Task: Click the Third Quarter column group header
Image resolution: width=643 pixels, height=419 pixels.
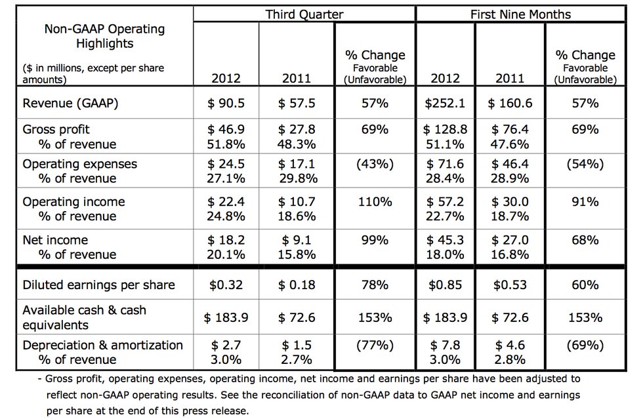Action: (x=304, y=14)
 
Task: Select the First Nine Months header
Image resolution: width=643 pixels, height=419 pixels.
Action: (x=520, y=14)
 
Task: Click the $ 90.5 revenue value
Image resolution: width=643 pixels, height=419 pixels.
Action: (x=225, y=103)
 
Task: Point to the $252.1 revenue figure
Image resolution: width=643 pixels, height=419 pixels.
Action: (x=445, y=103)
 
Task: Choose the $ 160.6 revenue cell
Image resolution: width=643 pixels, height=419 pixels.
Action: (x=510, y=103)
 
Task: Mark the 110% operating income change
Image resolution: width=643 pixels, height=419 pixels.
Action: (x=375, y=202)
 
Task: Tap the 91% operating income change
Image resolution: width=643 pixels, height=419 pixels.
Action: (x=585, y=202)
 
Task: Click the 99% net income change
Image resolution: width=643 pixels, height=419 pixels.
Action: (x=375, y=240)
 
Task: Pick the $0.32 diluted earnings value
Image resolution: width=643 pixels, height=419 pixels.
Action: (x=225, y=285)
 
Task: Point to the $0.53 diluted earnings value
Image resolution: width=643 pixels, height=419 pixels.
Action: (x=510, y=285)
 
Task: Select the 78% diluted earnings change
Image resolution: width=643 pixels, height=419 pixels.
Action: (x=375, y=285)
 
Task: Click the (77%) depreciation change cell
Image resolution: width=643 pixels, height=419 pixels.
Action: (x=375, y=346)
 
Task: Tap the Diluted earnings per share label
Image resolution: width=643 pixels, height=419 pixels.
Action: (x=98, y=285)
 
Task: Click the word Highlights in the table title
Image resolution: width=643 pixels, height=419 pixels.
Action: (x=104, y=44)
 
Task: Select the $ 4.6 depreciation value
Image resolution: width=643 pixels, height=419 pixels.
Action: (x=510, y=346)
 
